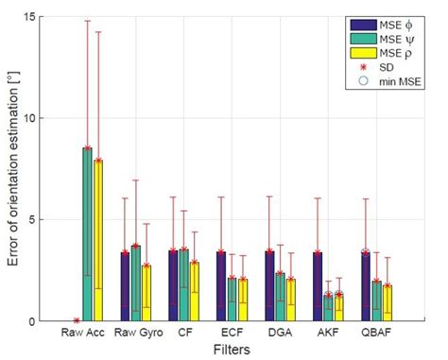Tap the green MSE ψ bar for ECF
233,299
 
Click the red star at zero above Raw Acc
77,320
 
